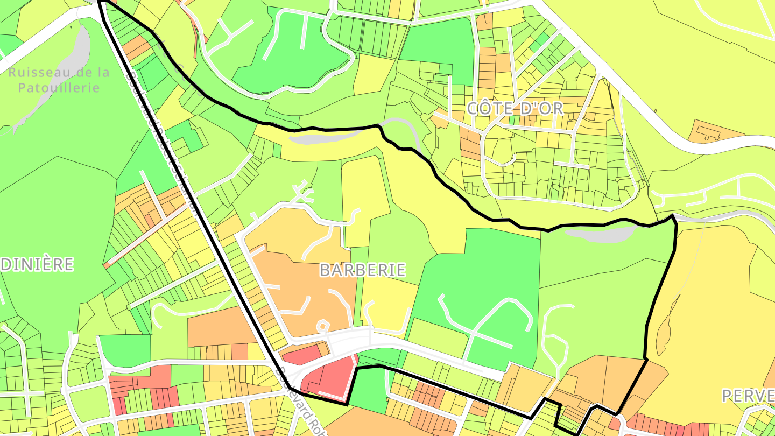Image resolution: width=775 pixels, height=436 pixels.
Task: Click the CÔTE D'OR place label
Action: pyautogui.click(x=515, y=108)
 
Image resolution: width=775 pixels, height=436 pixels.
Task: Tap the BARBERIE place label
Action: pyautogui.click(x=362, y=270)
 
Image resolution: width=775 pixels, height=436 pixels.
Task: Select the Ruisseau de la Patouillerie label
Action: pyautogui.click(x=59, y=80)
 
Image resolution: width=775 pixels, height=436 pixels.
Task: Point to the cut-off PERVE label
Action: pyautogui.click(x=748, y=396)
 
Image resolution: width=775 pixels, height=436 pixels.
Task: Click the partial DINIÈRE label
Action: pyautogui.click(x=37, y=264)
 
